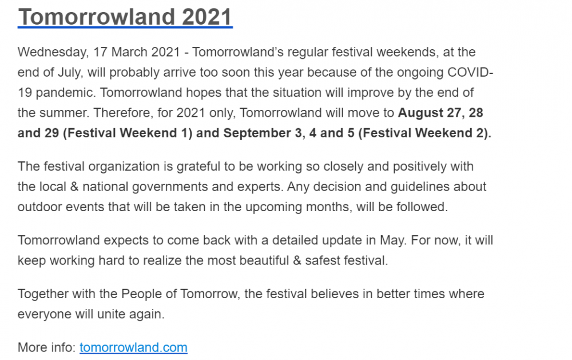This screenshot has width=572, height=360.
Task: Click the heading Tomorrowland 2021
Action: tap(125, 17)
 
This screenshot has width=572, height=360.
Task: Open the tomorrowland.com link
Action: tap(133, 347)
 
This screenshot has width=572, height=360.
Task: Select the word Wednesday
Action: tap(52, 52)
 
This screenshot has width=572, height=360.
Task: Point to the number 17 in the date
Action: tap(100, 52)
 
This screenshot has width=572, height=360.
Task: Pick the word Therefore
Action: tap(124, 113)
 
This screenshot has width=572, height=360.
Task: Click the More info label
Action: tap(47, 347)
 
